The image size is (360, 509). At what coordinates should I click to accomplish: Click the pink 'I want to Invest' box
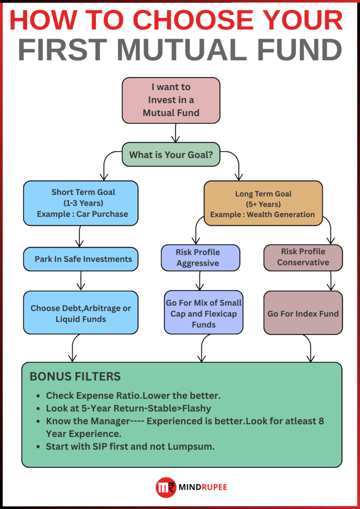[171, 100]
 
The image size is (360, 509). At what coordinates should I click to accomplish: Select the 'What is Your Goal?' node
[171, 155]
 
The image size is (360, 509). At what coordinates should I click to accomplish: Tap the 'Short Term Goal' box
[81, 203]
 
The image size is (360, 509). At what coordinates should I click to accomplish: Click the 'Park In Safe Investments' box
[81, 259]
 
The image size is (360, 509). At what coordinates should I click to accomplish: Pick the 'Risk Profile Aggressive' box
[200, 257]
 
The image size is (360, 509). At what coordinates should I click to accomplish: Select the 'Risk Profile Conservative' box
[303, 257]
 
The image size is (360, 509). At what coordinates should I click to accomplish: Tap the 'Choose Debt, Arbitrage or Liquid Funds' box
[81, 313]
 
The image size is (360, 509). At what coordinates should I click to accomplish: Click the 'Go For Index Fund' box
[303, 313]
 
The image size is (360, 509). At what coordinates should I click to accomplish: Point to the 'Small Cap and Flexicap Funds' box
[204, 313]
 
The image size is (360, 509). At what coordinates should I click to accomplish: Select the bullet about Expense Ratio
[133, 396]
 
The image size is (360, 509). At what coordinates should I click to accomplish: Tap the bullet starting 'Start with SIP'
[130, 446]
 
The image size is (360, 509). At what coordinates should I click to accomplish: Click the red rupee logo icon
[165, 487]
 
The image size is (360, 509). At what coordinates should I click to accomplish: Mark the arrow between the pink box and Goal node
[175, 133]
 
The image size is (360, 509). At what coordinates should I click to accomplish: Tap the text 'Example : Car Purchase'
[83, 214]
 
